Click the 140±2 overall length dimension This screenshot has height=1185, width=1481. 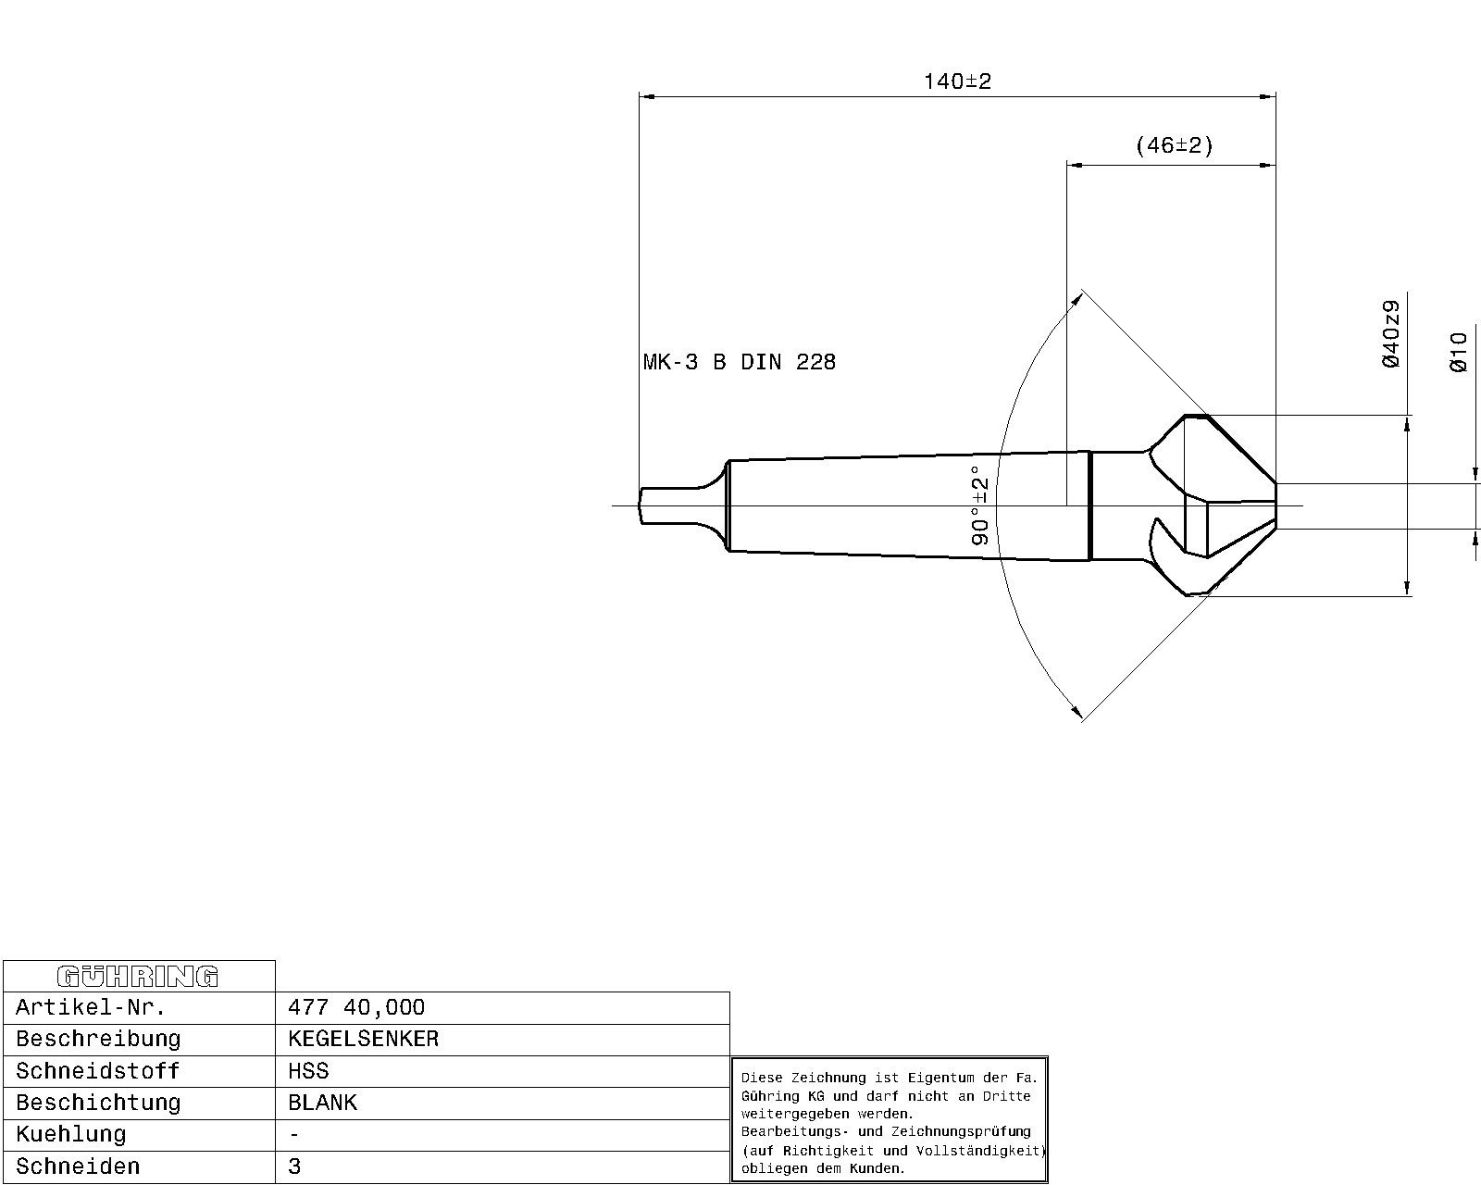tap(957, 81)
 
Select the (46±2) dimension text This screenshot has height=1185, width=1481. tap(1174, 145)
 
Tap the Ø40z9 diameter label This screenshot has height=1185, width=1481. tap(1391, 333)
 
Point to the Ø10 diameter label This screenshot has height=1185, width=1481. tap(1458, 352)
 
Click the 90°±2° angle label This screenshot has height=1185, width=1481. tap(980, 505)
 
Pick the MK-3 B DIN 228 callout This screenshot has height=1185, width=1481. tap(740, 361)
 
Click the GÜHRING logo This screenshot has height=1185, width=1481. tap(138, 977)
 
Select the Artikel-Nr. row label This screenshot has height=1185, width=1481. tap(91, 1007)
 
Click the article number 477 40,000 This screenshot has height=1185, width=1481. tap(356, 1007)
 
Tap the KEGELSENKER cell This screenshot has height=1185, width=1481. tap(364, 1039)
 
